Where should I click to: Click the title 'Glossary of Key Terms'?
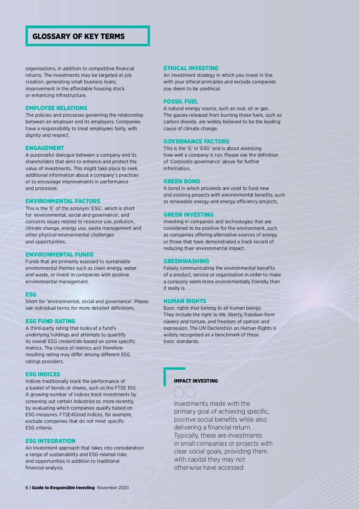(78, 36)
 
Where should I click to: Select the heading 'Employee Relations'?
(56, 108)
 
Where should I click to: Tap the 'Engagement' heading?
(45, 148)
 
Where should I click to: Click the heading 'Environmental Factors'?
(63, 201)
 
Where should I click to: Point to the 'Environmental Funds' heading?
(59, 254)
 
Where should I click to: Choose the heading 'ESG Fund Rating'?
(50, 321)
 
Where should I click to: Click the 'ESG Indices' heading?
(43, 374)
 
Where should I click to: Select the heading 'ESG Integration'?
(50, 441)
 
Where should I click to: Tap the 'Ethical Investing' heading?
(191, 68)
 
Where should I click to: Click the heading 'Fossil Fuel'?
(181, 101)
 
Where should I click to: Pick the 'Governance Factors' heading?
(196, 141)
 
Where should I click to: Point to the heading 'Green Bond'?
(181, 181)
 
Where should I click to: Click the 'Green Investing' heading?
(188, 215)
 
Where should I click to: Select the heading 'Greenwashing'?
(186, 261)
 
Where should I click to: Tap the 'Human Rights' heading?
(184, 301)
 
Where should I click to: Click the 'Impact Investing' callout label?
(196, 381)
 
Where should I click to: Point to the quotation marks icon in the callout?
(185, 392)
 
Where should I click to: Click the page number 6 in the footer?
(27, 488)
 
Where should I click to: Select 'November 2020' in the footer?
(113, 488)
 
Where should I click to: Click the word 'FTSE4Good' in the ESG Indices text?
(72, 414)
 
